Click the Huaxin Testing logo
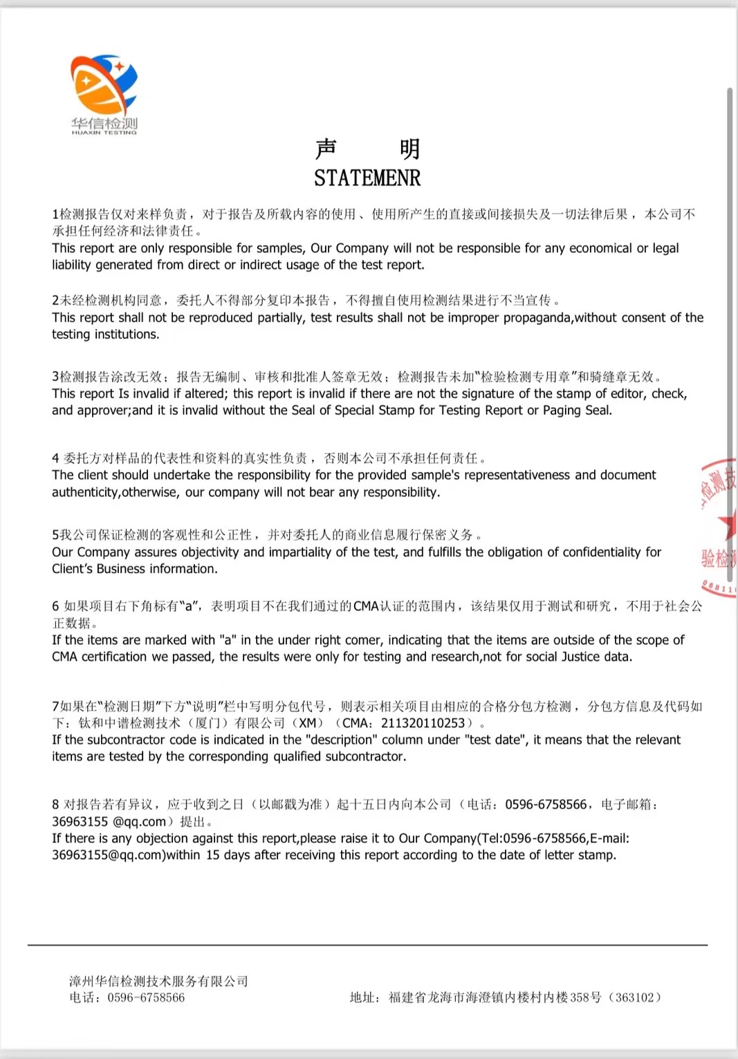(x=104, y=93)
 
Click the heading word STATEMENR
(x=367, y=178)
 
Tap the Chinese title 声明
(x=367, y=149)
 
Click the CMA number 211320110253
(x=423, y=723)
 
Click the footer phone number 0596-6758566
(x=146, y=997)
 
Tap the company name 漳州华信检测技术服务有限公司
(x=158, y=982)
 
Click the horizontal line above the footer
(x=367, y=945)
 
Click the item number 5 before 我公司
(x=55, y=535)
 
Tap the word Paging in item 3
(x=563, y=411)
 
